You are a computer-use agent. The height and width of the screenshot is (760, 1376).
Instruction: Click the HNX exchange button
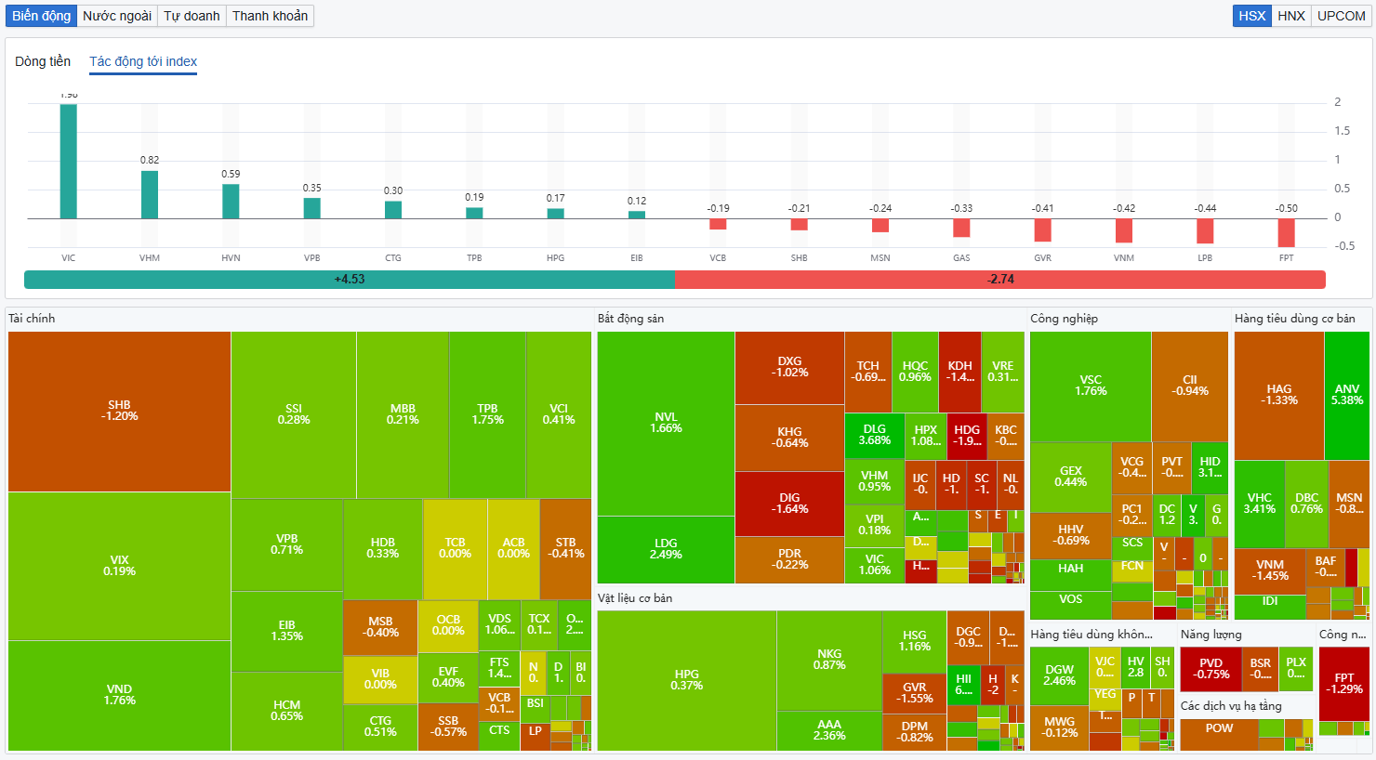click(x=1291, y=16)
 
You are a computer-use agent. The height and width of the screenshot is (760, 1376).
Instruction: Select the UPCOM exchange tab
click(x=1341, y=16)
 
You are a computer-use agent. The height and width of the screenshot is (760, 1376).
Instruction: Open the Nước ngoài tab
click(x=117, y=16)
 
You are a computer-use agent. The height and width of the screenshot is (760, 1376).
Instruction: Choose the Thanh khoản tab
click(x=270, y=16)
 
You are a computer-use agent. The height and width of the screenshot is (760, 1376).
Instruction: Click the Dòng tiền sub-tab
click(x=43, y=61)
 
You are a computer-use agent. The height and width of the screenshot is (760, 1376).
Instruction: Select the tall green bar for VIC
click(x=69, y=162)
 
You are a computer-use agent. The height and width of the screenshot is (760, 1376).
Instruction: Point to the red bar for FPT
click(x=1286, y=232)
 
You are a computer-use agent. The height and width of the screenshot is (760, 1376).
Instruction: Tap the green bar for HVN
click(x=231, y=202)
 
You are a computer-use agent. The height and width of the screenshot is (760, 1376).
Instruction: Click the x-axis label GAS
click(x=961, y=258)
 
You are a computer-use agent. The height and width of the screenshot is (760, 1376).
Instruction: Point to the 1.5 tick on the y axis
click(x=1342, y=131)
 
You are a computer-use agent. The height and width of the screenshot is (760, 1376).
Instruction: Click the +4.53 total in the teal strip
click(x=350, y=280)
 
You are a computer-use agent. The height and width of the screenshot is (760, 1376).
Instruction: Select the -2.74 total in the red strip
click(x=1000, y=280)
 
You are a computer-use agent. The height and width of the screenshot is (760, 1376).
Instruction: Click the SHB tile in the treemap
click(x=119, y=411)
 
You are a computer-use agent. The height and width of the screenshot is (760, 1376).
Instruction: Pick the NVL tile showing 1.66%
click(x=666, y=423)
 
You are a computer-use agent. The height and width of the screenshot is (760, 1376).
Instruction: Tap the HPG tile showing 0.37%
click(x=686, y=680)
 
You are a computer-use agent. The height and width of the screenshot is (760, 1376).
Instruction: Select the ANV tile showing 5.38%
click(x=1346, y=395)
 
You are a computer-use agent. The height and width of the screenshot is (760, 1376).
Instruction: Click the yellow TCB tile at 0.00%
click(x=455, y=548)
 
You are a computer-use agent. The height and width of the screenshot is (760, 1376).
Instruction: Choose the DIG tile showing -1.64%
click(x=789, y=504)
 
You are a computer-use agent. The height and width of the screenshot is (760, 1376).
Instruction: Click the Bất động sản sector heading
click(x=630, y=319)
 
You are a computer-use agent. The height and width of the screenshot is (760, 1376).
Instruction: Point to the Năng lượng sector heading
click(x=1211, y=635)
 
